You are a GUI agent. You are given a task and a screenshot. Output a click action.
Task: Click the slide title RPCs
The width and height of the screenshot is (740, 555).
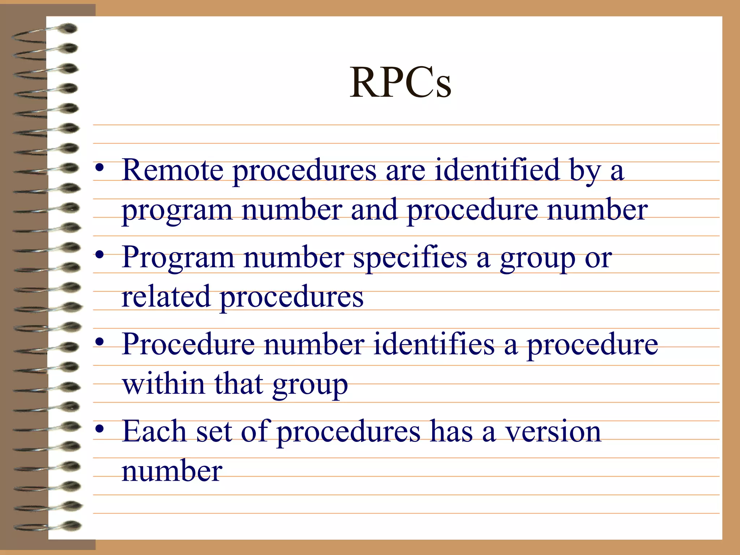(400, 83)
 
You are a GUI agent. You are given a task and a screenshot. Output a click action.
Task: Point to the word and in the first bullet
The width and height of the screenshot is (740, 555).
(374, 210)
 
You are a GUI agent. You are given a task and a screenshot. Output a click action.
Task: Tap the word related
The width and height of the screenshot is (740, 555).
(166, 297)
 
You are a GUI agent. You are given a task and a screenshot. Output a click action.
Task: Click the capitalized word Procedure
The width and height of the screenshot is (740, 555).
(188, 344)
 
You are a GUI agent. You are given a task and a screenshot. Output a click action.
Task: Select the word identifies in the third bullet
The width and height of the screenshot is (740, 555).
(434, 344)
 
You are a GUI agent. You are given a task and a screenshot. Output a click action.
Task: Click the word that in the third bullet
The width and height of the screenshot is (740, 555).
(239, 384)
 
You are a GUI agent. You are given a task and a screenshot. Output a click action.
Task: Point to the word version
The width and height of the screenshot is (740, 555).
(553, 432)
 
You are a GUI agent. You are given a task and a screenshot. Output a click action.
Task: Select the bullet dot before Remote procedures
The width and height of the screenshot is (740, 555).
(100, 168)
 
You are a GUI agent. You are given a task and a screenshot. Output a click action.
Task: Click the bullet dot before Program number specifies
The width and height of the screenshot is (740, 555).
(100, 255)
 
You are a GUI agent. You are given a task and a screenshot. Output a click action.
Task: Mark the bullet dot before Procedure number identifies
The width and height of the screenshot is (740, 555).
(100, 342)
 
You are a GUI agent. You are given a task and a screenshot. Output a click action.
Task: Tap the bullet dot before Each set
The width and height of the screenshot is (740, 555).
(100, 429)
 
